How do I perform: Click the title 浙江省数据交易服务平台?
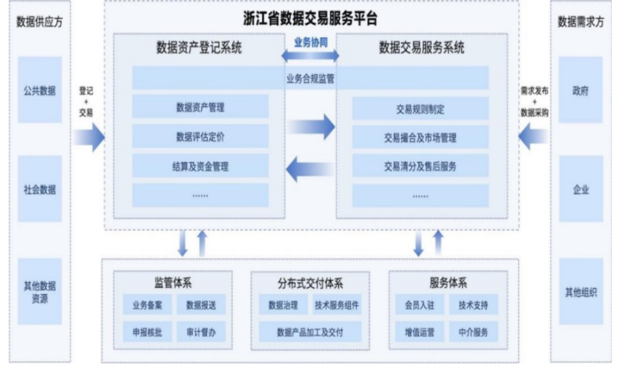[310, 17]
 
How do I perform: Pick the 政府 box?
[580, 90]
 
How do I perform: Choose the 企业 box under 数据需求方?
[580, 189]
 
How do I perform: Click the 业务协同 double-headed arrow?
[311, 56]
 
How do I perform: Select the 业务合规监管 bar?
[310, 78]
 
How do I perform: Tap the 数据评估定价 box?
[200, 137]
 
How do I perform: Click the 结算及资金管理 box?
[200, 165]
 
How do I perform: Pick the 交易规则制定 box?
[420, 109]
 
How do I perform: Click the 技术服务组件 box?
[337, 305]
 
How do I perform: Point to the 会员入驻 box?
[420, 305]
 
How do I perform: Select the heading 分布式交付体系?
[310, 283]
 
